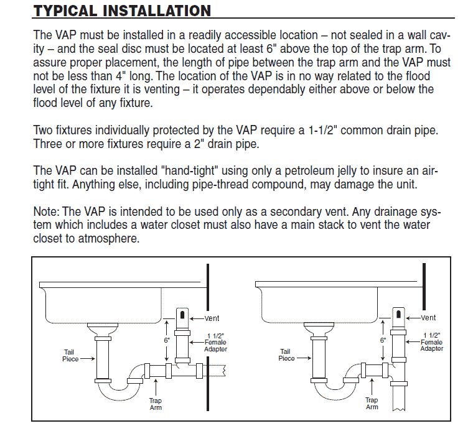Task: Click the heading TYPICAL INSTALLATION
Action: [122, 11]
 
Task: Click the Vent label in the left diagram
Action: [212, 318]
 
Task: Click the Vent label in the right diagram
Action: [428, 318]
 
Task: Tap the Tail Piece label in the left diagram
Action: [70, 356]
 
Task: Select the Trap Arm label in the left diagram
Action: [155, 404]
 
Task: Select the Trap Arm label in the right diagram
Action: [372, 404]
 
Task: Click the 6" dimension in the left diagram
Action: [167, 340]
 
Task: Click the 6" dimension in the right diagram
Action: [383, 340]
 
